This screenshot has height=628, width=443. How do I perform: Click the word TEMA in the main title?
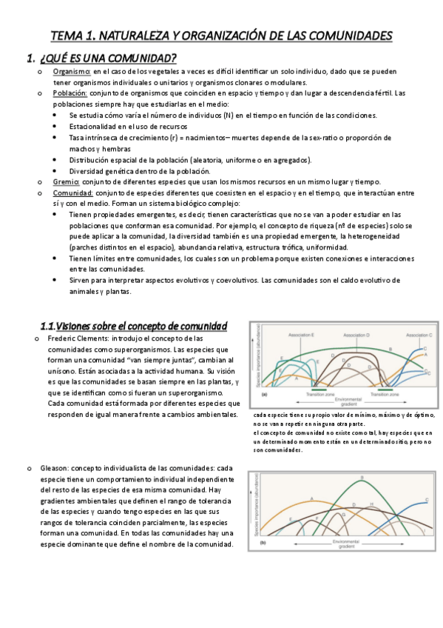(66, 36)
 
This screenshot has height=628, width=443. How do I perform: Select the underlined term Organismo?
(72, 72)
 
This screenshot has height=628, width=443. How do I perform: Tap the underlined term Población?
(70, 94)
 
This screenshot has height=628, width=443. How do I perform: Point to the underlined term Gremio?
(66, 182)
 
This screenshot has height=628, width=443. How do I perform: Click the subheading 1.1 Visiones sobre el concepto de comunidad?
(133, 327)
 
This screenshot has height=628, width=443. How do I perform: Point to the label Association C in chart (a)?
(419, 335)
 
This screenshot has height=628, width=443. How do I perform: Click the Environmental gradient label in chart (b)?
(347, 544)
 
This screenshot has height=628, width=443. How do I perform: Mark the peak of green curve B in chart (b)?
(361, 481)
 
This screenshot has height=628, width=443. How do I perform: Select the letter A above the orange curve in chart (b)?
(311, 498)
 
